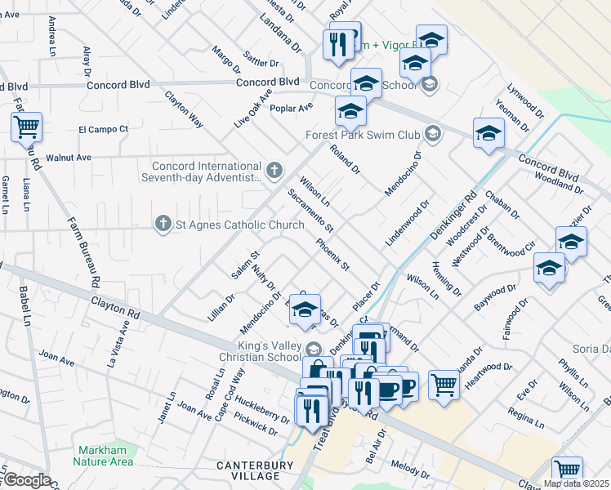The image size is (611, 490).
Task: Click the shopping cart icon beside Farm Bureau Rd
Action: tap(27, 127)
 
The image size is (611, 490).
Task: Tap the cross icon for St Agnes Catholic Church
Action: tap(163, 223)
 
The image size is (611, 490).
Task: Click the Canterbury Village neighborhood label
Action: tap(255, 470)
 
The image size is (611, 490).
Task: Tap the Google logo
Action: tap(26, 480)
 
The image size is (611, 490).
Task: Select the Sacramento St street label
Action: tap(310, 209)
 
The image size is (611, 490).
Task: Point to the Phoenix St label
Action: tap(333, 255)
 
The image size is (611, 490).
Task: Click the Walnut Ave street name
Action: tap(69, 157)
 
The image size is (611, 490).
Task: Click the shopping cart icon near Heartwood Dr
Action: tap(444, 382)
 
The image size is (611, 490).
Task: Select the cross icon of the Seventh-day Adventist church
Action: tap(274, 171)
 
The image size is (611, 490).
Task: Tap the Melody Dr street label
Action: tap(409, 468)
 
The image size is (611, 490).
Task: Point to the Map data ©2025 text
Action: tap(576, 483)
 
